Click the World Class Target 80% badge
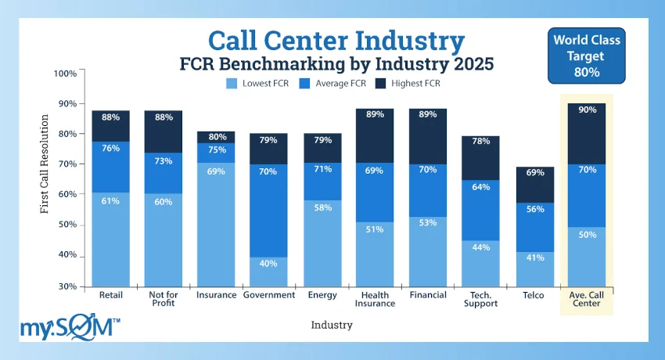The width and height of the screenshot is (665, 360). tap(586, 56)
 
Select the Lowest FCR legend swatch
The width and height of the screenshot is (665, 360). tap(232, 84)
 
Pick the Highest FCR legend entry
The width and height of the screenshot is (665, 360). tap(380, 84)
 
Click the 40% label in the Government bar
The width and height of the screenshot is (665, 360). tap(268, 263)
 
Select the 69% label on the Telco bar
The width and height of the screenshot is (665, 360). tap(534, 172)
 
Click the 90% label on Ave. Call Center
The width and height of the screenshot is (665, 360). tap(587, 110)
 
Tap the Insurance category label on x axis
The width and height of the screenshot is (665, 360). tap(215, 295)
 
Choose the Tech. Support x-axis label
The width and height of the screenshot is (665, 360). tap(480, 299)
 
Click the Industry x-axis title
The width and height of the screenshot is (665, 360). tap(332, 324)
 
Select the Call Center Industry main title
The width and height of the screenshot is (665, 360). tap(336, 40)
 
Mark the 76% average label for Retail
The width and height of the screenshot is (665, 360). tap(110, 147)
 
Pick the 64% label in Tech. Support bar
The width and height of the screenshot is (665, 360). tap(480, 186)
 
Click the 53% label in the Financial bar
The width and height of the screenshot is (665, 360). tap(427, 223)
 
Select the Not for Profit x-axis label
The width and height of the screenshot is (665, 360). tap(162, 299)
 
